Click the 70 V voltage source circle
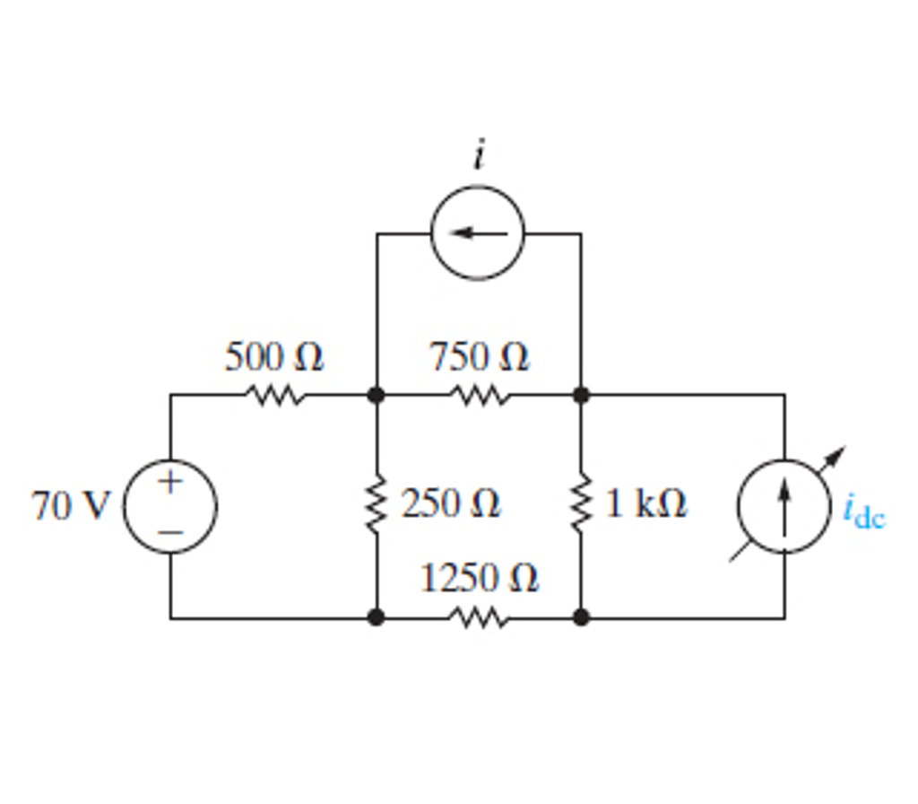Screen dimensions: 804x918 pyautogui.click(x=170, y=506)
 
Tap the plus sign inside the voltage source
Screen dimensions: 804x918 pyautogui.click(x=170, y=481)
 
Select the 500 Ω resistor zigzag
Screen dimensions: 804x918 pyautogui.click(x=275, y=395)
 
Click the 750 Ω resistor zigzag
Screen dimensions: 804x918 pyautogui.click(x=481, y=395)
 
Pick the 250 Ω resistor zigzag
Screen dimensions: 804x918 pyautogui.click(x=377, y=505)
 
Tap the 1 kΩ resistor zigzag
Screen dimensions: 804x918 pyautogui.click(x=581, y=505)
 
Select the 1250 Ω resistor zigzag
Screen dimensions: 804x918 pyautogui.click(x=479, y=617)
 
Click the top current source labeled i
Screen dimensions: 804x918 pyautogui.click(x=478, y=233)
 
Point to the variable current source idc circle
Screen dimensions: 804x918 pyautogui.click(x=784, y=506)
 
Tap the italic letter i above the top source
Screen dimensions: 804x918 pyautogui.click(x=479, y=156)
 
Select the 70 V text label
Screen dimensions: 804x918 pyautogui.click(x=70, y=506)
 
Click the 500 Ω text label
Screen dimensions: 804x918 pyautogui.click(x=273, y=358)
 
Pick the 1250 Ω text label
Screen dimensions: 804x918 pyautogui.click(x=479, y=579)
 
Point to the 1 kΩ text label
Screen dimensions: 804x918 pyautogui.click(x=645, y=504)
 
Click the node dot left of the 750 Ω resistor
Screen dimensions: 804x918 pyautogui.click(x=377, y=395)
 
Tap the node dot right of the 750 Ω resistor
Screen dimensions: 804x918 pyautogui.click(x=581, y=395)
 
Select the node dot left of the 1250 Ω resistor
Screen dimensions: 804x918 pyautogui.click(x=377, y=617)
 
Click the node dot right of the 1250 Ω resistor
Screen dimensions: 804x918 pyautogui.click(x=581, y=617)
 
